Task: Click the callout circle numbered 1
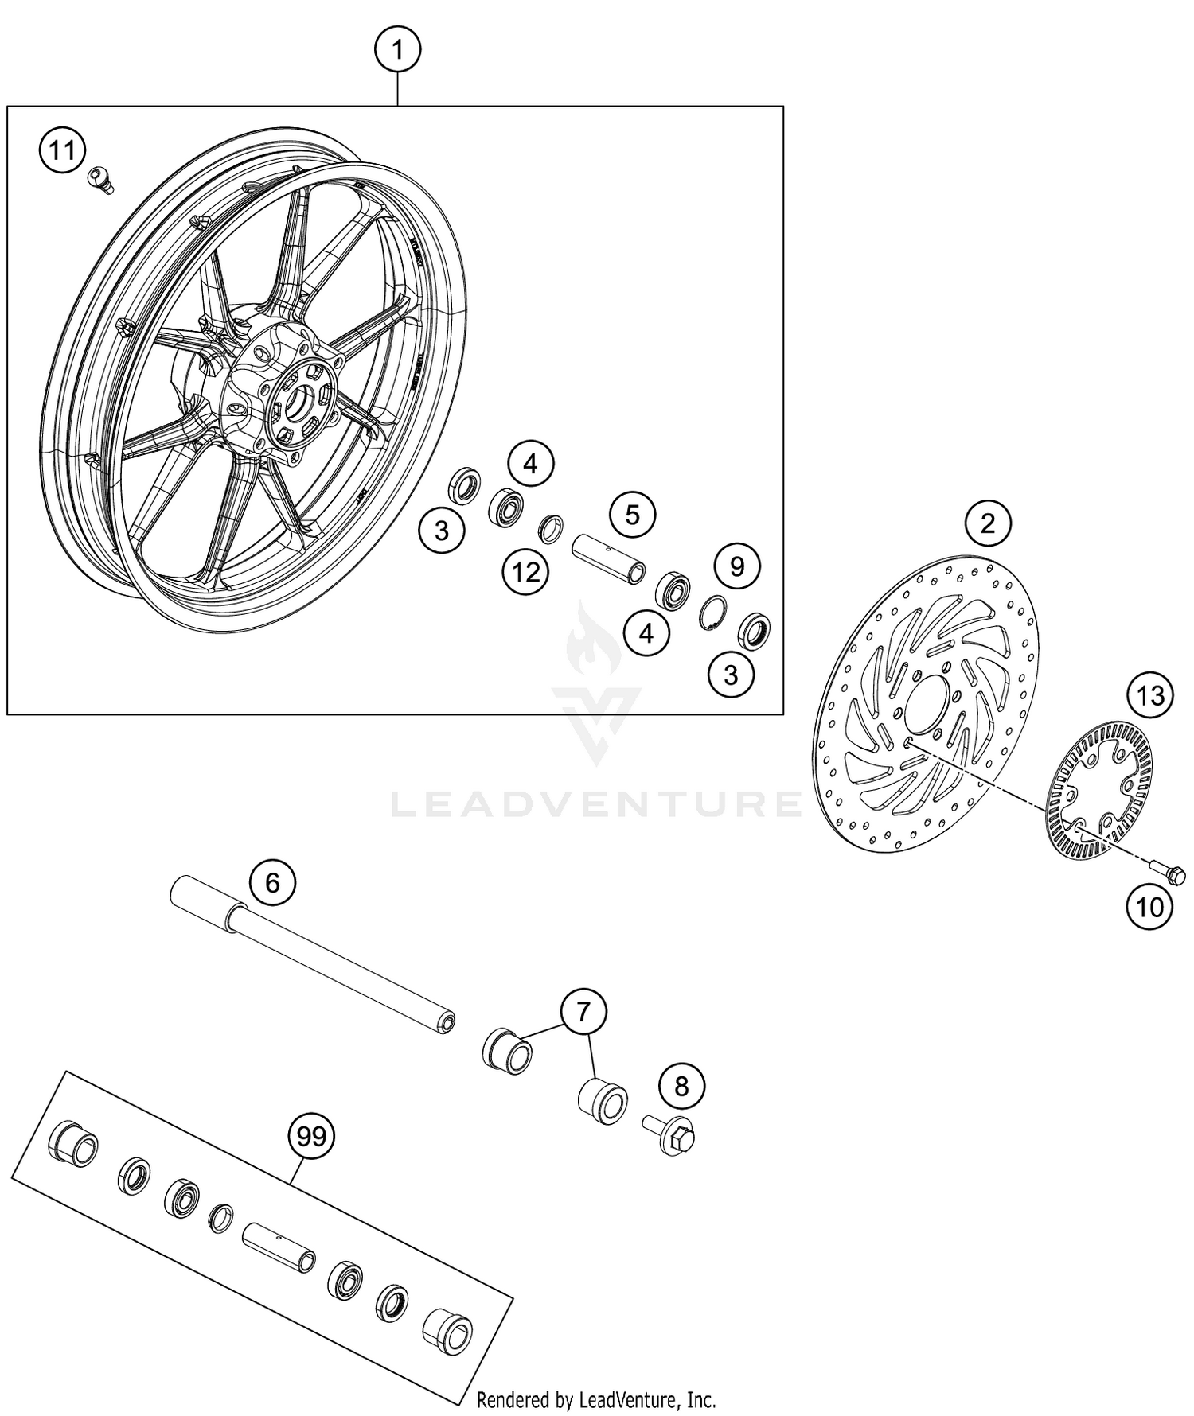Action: coord(397,52)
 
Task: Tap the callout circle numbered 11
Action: coord(62,150)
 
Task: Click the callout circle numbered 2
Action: coord(988,523)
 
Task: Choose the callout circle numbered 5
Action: coord(632,515)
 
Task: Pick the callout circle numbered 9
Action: coord(737,566)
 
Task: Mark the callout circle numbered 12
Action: coord(526,571)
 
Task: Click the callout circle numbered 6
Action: coord(272,882)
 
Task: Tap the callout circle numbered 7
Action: coord(583,1012)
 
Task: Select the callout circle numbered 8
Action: coord(681,1086)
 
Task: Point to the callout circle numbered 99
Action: coord(311,1137)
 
